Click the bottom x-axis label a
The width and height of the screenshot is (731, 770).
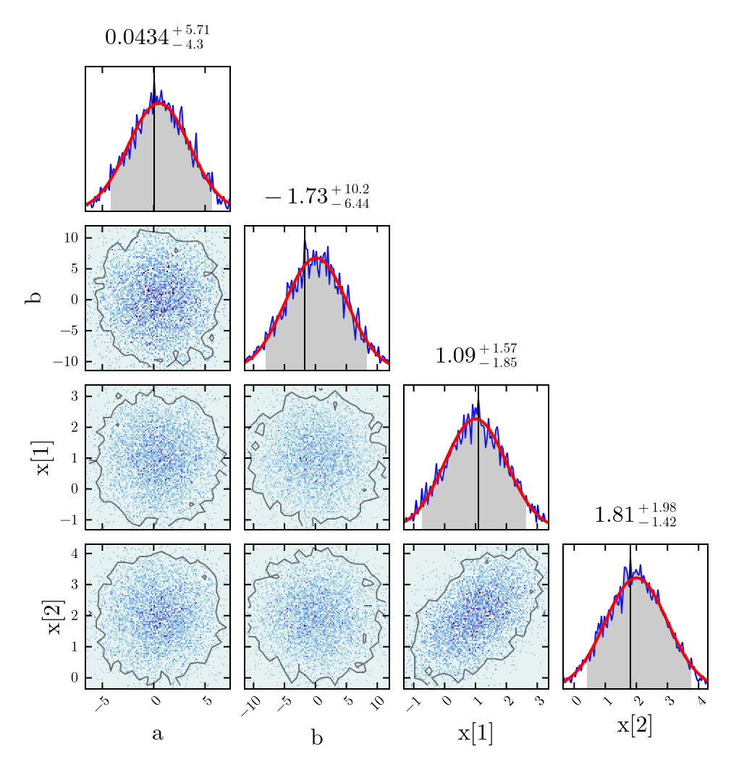[157, 734]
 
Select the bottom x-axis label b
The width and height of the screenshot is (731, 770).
[317, 736]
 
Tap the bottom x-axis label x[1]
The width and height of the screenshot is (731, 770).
[476, 734]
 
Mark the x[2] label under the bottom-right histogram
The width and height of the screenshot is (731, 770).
[635, 726]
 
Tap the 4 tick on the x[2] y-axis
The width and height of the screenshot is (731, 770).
[75, 554]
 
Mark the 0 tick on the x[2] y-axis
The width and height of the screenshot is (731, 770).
[75, 677]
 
